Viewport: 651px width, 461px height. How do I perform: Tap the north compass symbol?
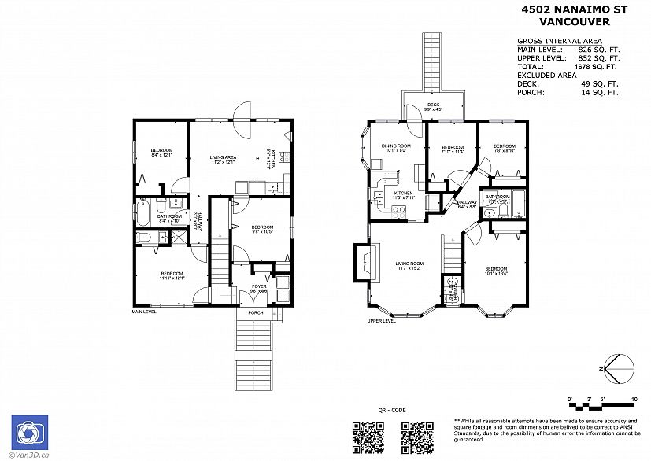[x=619, y=366]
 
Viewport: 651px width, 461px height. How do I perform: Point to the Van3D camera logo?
[x=29, y=432]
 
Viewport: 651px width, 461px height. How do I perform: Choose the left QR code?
[x=366, y=436]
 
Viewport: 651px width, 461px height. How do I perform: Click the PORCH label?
[x=256, y=312]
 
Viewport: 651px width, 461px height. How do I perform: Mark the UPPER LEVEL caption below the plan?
[x=381, y=321]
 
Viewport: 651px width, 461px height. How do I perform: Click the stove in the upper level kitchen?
[x=398, y=209]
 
